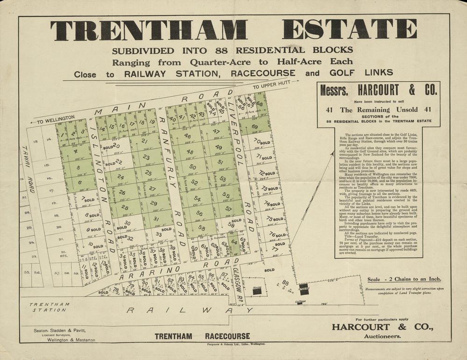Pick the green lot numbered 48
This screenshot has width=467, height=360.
pyautogui.click(x=189, y=152)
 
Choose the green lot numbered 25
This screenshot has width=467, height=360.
pyautogui.click(x=149, y=173)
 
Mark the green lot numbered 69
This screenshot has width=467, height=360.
pyautogui.click(x=255, y=127)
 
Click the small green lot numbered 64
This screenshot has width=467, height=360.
pyautogui.click(x=234, y=242)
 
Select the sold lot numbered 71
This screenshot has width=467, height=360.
pyautogui.click(x=262, y=157)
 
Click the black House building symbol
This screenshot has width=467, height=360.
pyautogui.click(x=256, y=290)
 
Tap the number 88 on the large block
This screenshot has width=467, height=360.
pyautogui.click(x=285, y=283)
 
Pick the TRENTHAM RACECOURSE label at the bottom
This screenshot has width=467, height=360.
pyautogui.click(x=202, y=336)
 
